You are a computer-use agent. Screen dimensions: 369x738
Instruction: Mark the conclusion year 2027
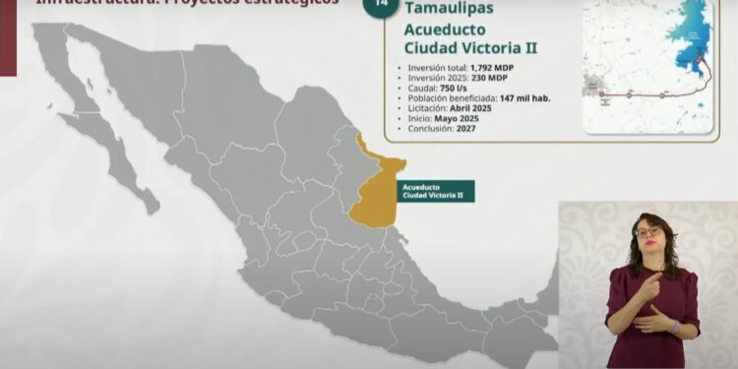click(471, 128)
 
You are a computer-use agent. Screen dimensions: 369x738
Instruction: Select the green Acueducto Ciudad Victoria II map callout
click(433, 191)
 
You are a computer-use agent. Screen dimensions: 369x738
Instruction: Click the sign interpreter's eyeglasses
click(647, 232)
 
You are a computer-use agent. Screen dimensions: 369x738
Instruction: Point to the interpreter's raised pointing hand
click(648, 284)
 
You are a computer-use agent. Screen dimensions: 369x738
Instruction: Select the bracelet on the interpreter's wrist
click(673, 325)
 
